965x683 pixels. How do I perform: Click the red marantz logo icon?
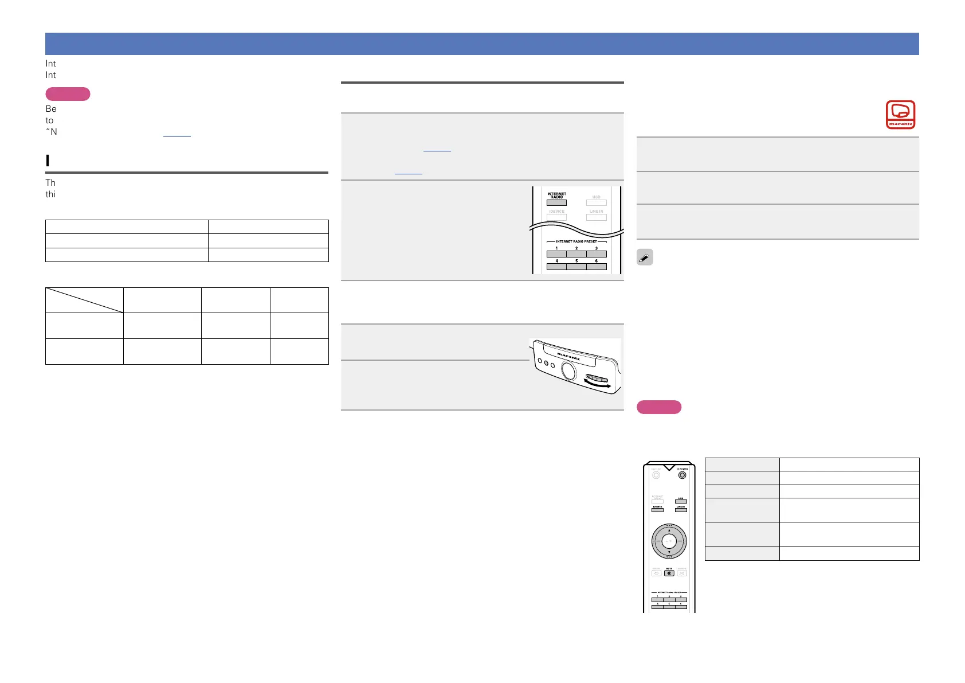coord(900,115)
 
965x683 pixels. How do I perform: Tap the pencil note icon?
coord(645,258)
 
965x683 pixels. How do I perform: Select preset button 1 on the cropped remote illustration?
coord(556,254)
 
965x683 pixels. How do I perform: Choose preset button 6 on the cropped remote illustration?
coord(597,267)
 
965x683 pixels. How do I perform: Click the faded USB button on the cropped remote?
coord(597,202)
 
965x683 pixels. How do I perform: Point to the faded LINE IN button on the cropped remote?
coord(597,217)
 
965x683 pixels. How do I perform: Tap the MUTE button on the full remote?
coord(669,573)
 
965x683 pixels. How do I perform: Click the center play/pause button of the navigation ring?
coord(669,541)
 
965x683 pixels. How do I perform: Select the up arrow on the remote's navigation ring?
coord(669,530)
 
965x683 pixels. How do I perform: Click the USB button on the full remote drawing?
coord(681,501)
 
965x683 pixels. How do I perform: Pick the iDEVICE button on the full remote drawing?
coord(657,509)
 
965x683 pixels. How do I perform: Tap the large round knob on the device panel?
coord(569,372)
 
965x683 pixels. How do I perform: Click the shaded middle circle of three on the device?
coord(546,364)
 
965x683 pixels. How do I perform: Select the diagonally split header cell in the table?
coord(84,300)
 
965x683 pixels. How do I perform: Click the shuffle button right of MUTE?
coord(682,573)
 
